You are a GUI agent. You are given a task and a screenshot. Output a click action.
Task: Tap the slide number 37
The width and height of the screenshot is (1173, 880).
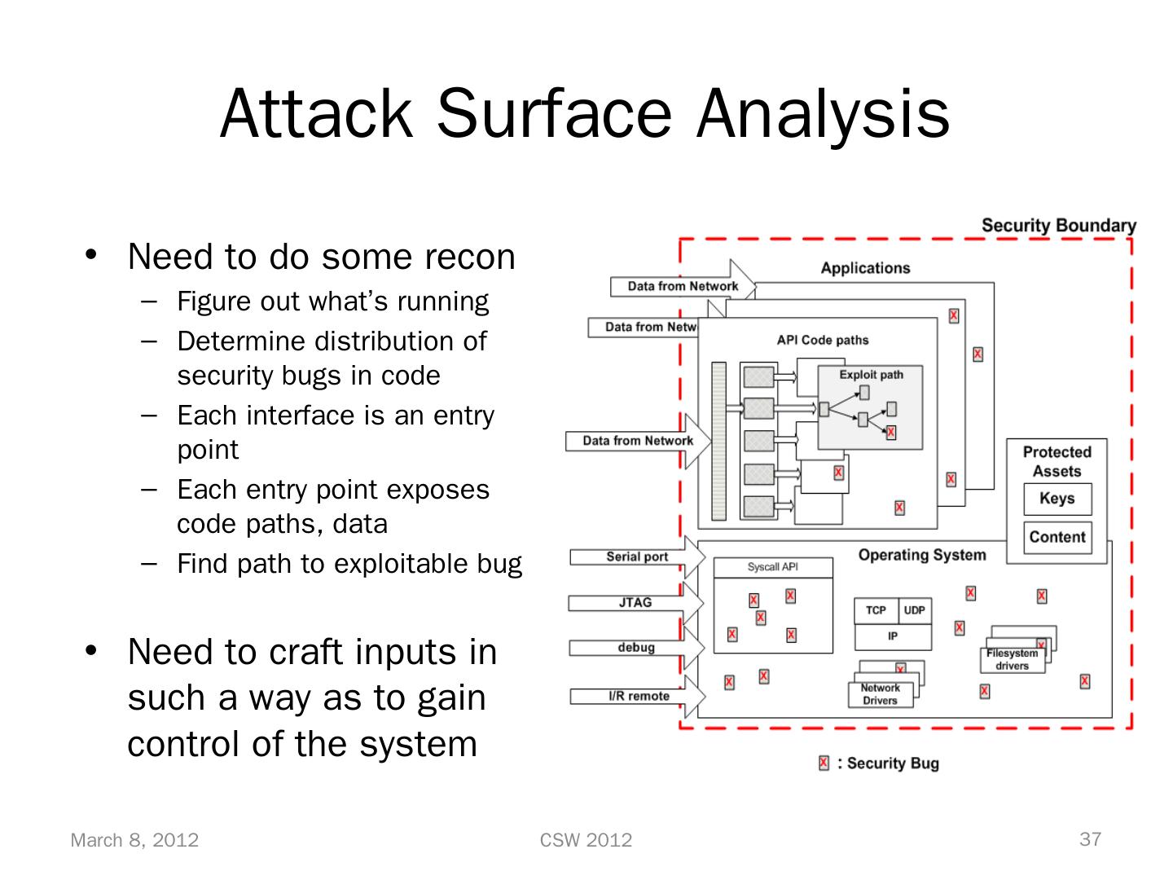(1090, 839)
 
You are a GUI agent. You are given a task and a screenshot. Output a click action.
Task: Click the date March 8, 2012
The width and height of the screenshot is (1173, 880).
(134, 840)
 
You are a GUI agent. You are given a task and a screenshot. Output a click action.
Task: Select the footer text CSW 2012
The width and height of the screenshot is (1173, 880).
(586, 840)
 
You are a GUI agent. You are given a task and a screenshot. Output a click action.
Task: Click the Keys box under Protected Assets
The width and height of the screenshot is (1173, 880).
(1057, 499)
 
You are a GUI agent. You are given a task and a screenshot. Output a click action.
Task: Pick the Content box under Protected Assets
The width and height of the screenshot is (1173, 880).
(1057, 537)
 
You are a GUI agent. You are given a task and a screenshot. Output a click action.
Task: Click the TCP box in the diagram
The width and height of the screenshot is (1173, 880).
(876, 610)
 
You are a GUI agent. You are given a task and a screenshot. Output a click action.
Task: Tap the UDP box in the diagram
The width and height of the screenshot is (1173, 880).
(914, 610)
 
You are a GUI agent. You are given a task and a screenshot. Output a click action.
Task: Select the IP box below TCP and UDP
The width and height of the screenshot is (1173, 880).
(893, 636)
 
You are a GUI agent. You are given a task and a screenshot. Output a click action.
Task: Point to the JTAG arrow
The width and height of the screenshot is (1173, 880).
(635, 603)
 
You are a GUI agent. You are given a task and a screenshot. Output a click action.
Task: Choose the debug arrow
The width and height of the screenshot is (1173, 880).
(636, 648)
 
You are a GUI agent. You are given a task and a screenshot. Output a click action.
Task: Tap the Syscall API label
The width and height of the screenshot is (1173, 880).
(772, 567)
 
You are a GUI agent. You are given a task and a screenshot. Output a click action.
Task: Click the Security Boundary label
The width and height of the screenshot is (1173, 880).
(1058, 226)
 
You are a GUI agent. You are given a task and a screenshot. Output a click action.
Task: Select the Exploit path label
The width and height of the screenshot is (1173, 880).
(871, 375)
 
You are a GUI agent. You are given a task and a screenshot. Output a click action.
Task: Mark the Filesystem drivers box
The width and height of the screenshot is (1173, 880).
(1013, 659)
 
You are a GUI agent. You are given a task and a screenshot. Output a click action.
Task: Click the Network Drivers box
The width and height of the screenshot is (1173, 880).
(880, 694)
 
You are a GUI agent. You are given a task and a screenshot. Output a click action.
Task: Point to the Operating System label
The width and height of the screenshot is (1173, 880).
(921, 555)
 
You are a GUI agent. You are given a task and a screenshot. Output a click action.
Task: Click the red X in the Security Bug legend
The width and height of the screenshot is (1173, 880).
(824, 763)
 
